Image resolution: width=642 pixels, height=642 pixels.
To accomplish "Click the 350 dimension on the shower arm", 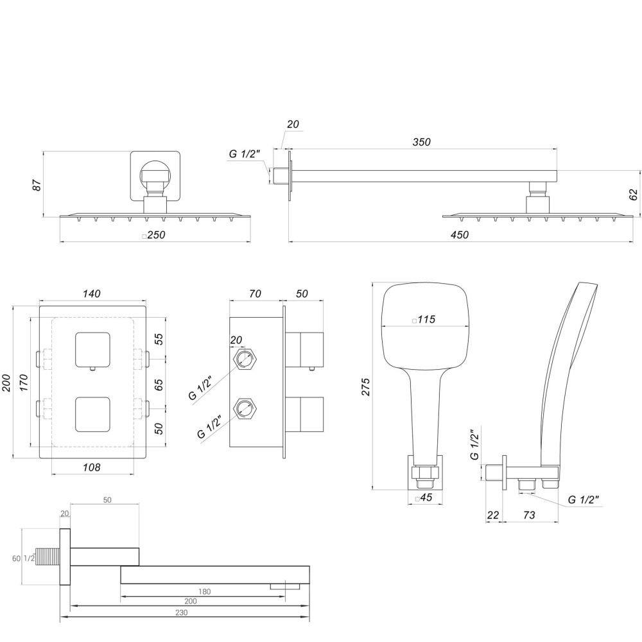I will pos(421,142).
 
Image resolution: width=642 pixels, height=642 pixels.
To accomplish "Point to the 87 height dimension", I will pos(37,185).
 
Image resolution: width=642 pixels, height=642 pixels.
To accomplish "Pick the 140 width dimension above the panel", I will pos(92,294).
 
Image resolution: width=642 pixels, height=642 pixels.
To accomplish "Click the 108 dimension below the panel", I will pos(92,467).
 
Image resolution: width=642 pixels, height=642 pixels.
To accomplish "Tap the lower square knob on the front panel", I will pos(92,414).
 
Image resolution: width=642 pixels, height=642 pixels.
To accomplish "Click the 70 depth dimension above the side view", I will pos(254,294).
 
